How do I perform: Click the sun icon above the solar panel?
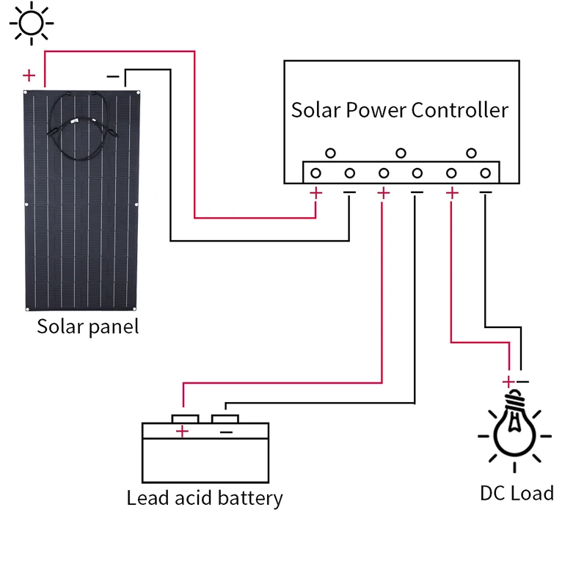[x=30, y=22]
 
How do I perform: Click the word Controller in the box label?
[x=459, y=110]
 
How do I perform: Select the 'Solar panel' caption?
[x=87, y=326]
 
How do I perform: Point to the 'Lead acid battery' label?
[x=205, y=498]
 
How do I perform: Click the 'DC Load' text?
[x=517, y=492]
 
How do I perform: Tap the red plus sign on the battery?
[x=183, y=431]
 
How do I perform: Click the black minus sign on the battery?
[x=226, y=432]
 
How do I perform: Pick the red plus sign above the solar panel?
[x=29, y=75]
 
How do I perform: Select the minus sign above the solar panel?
[x=113, y=76]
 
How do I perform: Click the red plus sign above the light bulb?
[x=508, y=382]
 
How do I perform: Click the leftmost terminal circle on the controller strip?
[x=316, y=173]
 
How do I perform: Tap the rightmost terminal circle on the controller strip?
[x=485, y=173]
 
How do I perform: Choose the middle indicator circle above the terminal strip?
[x=401, y=153]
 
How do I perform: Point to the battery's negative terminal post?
[x=225, y=418]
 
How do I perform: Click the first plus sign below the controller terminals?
[x=316, y=193]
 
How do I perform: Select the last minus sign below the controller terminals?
[x=485, y=193]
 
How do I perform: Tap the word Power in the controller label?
[x=376, y=110]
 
